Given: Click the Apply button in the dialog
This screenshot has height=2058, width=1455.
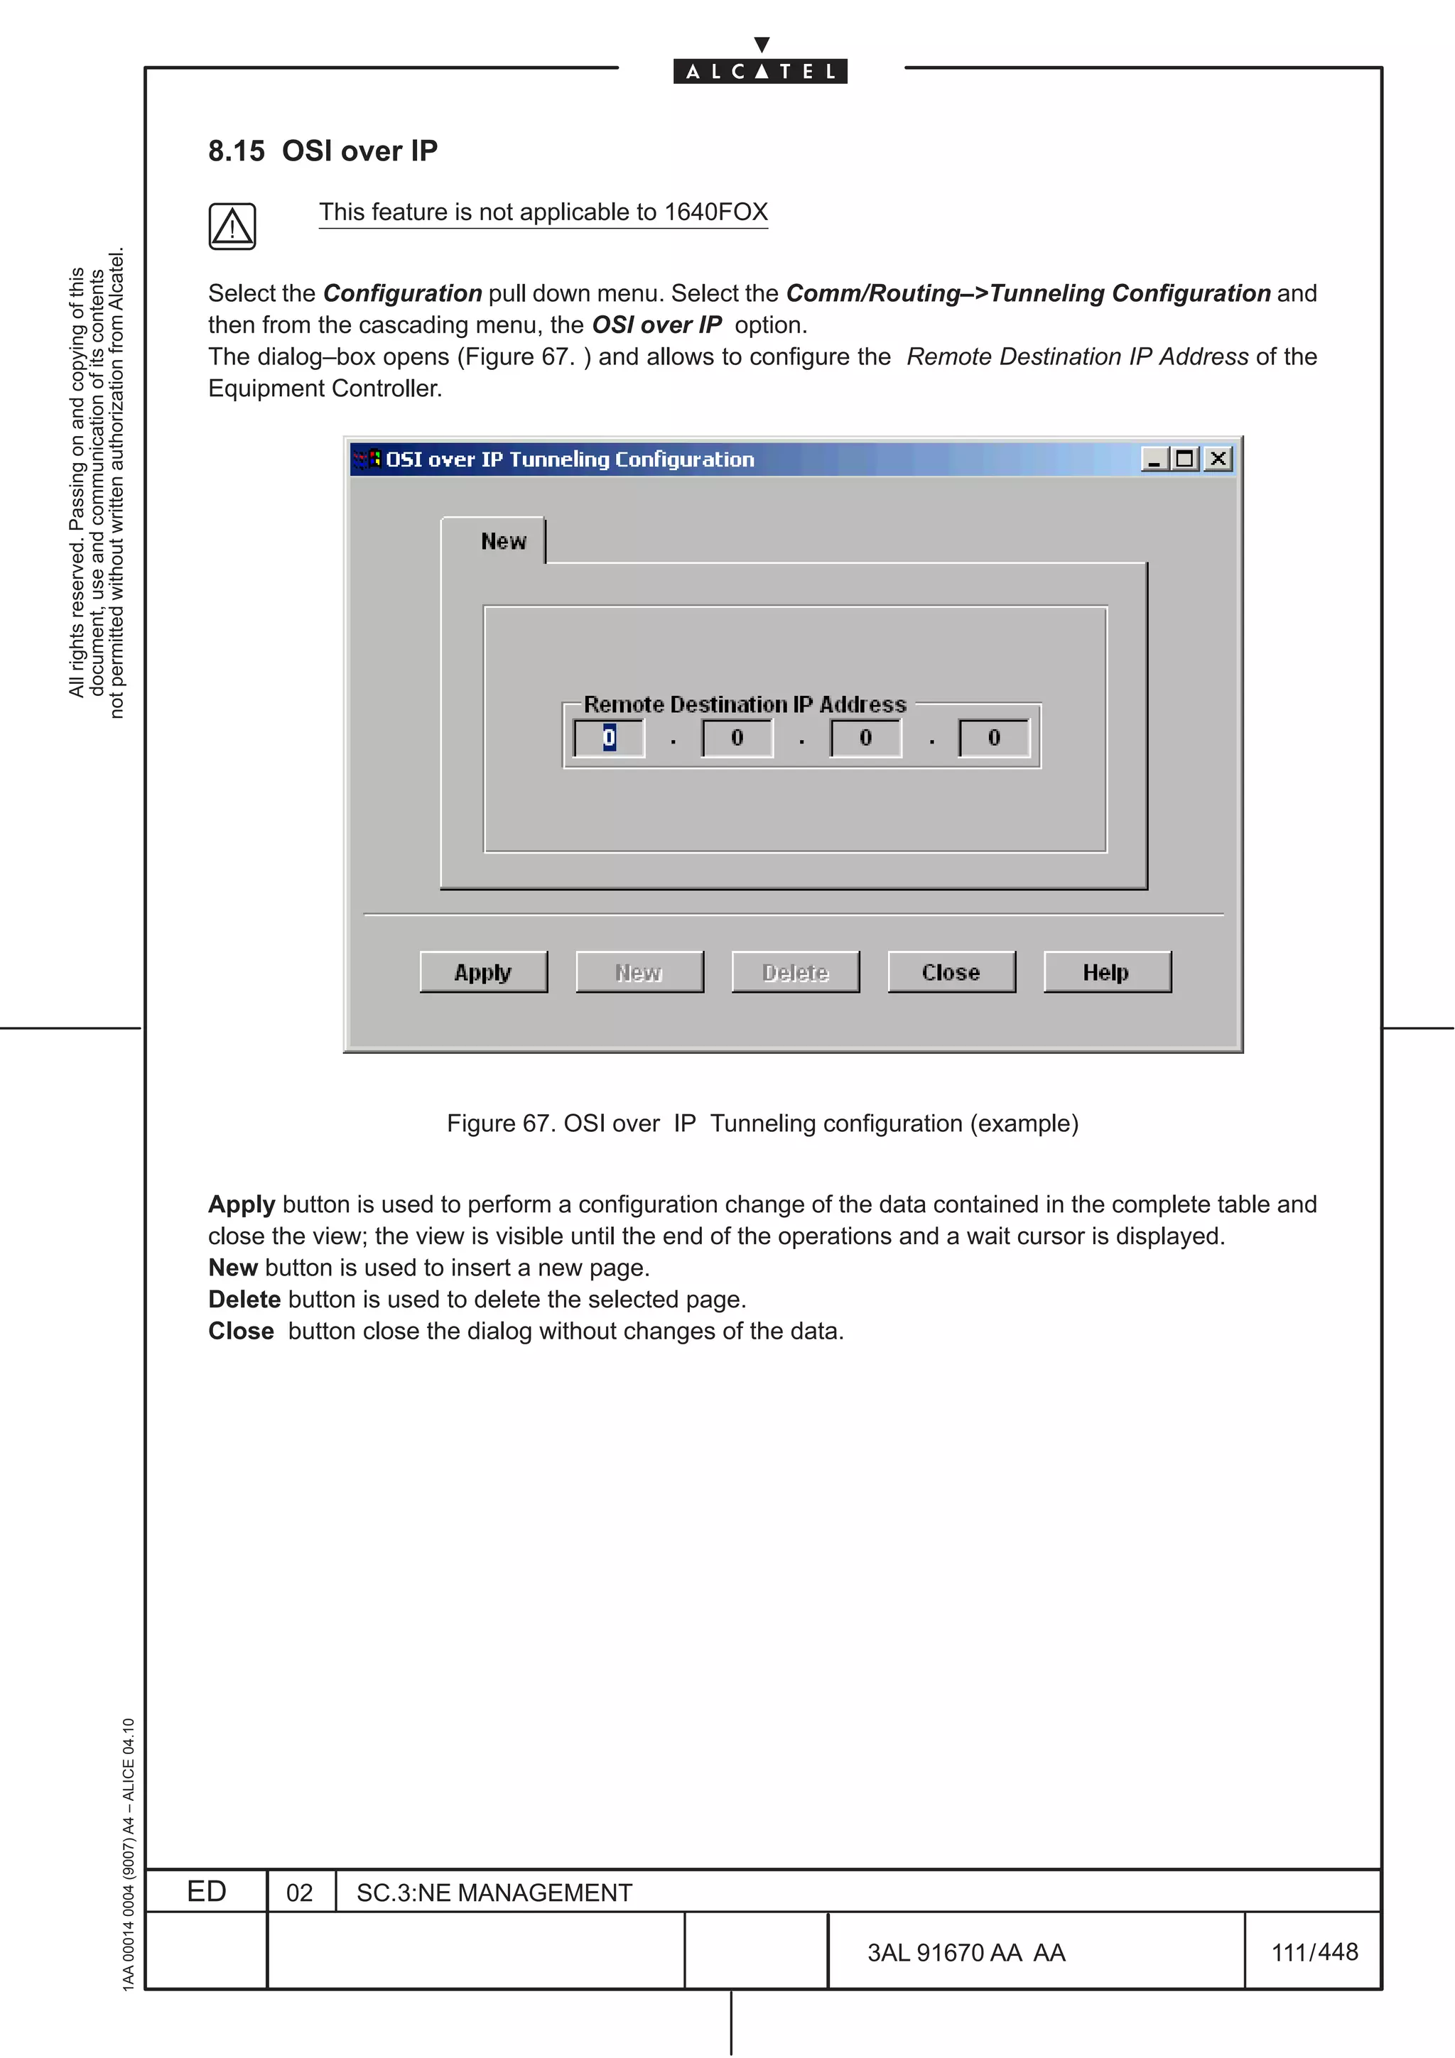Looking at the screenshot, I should (x=483, y=971).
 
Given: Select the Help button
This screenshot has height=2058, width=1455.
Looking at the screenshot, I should (x=1106, y=971).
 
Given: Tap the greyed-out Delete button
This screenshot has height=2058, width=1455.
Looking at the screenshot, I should (x=795, y=971).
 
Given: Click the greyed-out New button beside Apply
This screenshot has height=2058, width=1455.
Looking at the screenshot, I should (x=639, y=971).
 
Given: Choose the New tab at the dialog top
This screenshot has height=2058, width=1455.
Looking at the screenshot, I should (x=503, y=541).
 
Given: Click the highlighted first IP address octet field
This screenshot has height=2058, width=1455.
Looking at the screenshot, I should (x=610, y=738).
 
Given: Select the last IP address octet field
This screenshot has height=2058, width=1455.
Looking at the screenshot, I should (x=993, y=738).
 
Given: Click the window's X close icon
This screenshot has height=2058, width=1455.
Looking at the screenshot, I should (x=1218, y=459).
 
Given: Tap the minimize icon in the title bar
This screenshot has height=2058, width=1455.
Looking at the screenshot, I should (x=1154, y=459).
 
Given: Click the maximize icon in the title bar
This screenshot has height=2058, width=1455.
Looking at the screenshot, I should (x=1185, y=459).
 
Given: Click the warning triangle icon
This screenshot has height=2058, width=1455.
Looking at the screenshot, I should (x=232, y=226).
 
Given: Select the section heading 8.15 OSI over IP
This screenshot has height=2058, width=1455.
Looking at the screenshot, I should (x=323, y=151).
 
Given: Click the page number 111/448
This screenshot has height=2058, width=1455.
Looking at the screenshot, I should (x=1314, y=1951).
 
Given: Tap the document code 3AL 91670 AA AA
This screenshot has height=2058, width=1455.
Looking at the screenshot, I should (x=966, y=1952).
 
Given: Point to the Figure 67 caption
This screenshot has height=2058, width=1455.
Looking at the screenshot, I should (x=762, y=1123).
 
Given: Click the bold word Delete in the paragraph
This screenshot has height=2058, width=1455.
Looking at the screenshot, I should (x=244, y=1299).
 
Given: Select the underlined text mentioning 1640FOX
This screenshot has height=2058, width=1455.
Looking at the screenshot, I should (x=543, y=212).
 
